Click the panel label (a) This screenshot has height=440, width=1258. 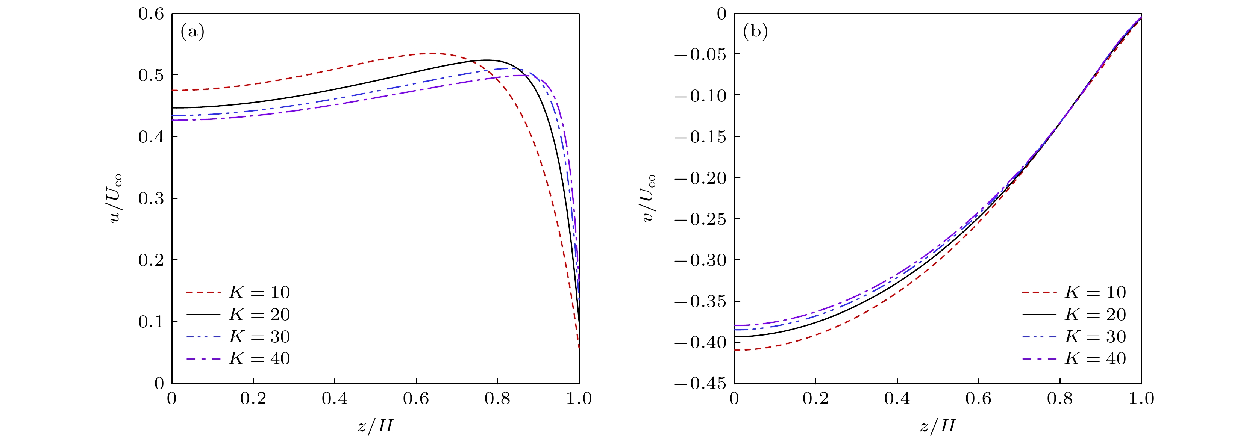click(x=192, y=32)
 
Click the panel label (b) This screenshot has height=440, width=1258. click(x=755, y=32)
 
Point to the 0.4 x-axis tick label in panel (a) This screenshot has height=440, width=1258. click(x=335, y=399)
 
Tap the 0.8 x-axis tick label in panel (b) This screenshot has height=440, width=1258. click(x=1060, y=399)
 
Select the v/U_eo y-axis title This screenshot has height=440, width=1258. click(x=649, y=198)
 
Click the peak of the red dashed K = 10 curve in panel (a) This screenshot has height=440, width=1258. click(x=431, y=53)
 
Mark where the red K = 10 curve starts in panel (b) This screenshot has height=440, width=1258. click(x=735, y=350)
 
